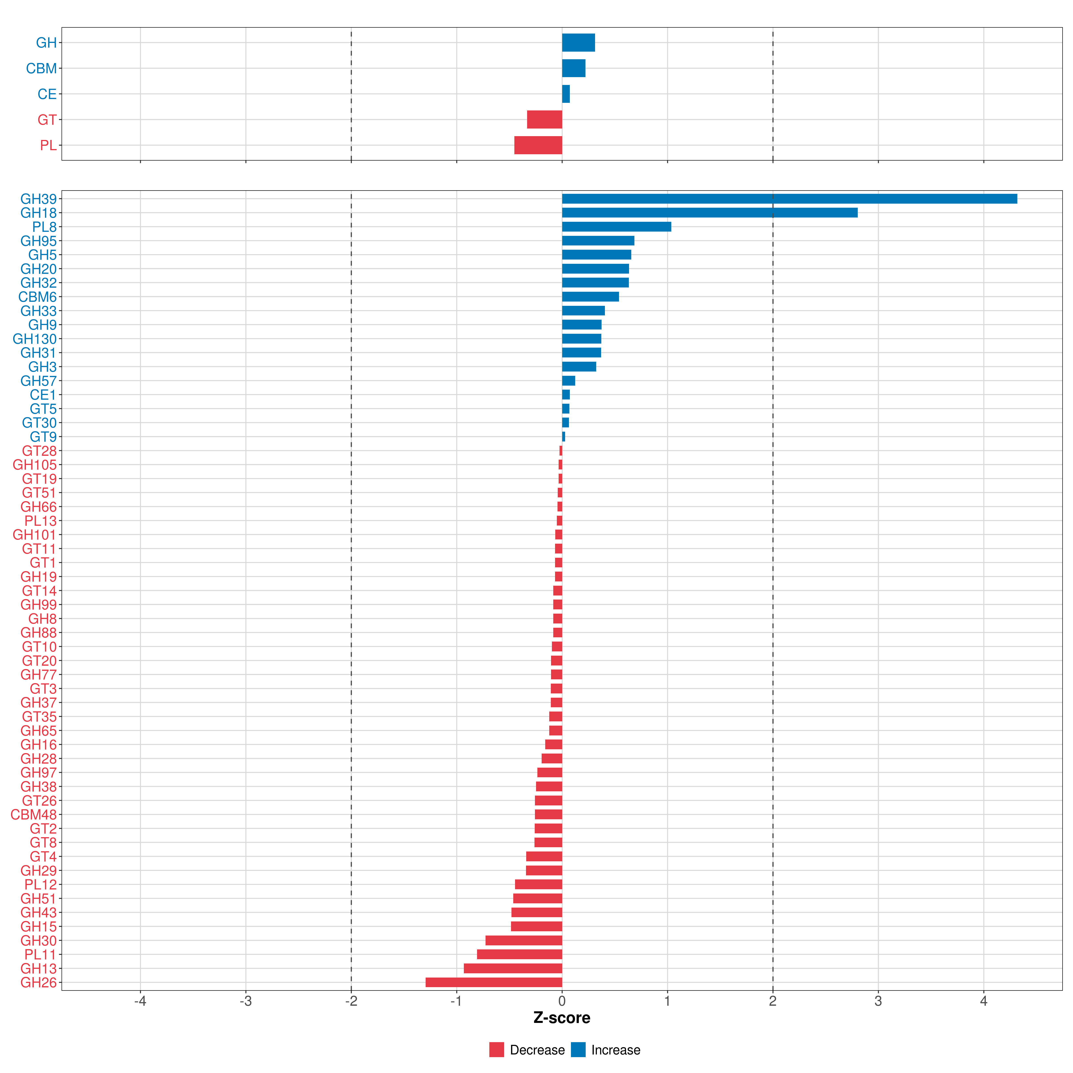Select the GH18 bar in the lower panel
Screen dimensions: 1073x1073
[x=709, y=213]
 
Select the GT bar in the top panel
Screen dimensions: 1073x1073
[x=544, y=119]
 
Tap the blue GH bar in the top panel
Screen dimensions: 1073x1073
[x=578, y=43]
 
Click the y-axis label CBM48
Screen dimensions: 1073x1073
[x=33, y=815]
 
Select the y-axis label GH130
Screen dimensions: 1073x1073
[x=34, y=339]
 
